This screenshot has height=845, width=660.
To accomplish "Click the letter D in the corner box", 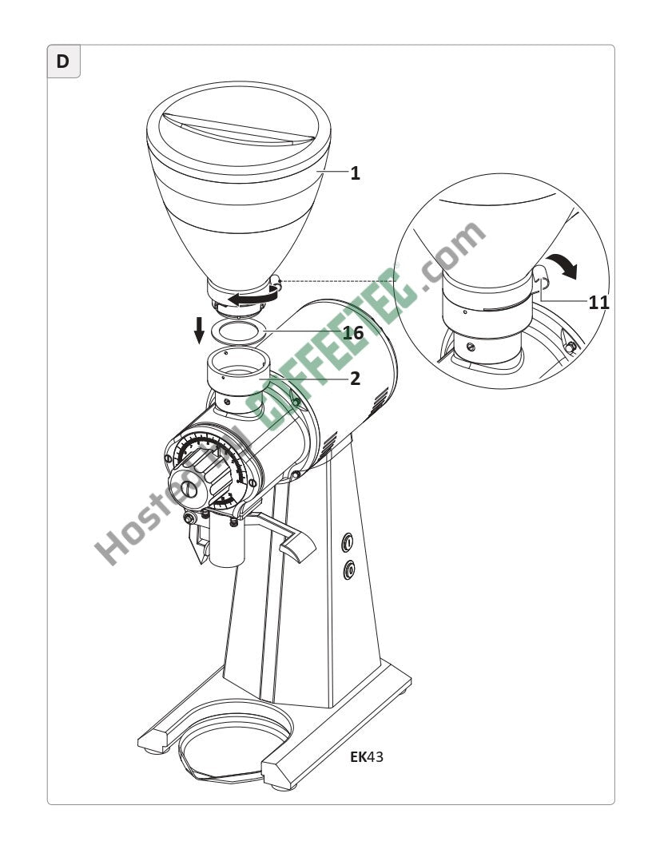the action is (x=63, y=61).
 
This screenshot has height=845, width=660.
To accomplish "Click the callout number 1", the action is (x=355, y=173).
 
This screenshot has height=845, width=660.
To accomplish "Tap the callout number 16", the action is (x=353, y=332).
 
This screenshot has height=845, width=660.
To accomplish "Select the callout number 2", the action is (x=355, y=379).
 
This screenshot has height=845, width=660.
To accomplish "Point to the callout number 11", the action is (x=598, y=303).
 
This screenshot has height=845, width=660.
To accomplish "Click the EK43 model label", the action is (x=367, y=756).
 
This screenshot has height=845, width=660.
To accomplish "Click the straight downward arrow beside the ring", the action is (x=200, y=330).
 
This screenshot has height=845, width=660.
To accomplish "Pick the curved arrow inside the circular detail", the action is (x=563, y=265).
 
